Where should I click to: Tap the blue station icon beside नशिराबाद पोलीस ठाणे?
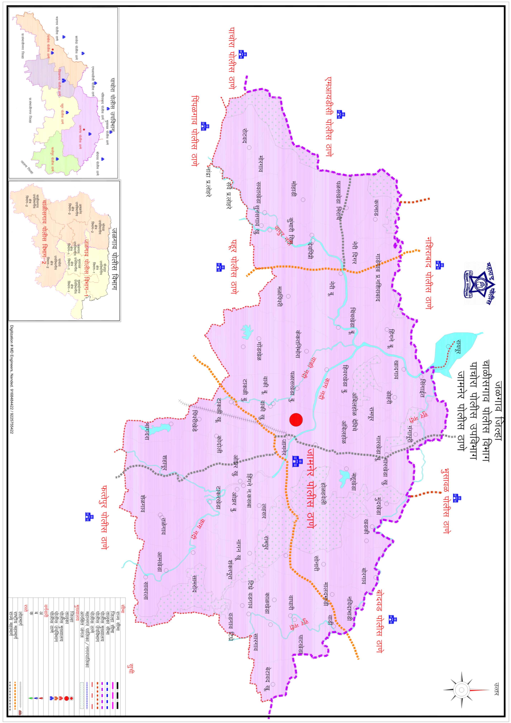tap(439, 265)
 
